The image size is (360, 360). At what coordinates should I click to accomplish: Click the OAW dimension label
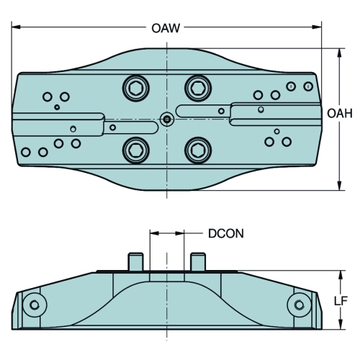tap(166, 28)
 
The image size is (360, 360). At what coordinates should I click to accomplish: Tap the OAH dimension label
tap(340, 113)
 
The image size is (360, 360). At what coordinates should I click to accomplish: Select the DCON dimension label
tap(226, 233)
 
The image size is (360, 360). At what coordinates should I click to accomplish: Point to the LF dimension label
tap(341, 301)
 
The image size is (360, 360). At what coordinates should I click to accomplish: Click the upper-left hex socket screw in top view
tap(136, 89)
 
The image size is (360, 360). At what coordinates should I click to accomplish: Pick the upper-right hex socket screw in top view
tap(198, 88)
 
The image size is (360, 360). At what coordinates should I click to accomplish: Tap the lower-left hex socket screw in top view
tap(136, 150)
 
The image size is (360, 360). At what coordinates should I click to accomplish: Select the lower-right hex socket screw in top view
tap(198, 150)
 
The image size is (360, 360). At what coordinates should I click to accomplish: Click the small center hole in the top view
tap(166, 119)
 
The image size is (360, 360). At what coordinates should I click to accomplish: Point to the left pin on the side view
tap(136, 261)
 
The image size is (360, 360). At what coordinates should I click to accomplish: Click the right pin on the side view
tap(198, 261)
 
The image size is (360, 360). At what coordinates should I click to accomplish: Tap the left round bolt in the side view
tap(35, 305)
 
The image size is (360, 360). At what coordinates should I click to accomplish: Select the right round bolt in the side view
tap(300, 305)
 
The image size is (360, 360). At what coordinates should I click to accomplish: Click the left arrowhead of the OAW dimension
tap(16, 27)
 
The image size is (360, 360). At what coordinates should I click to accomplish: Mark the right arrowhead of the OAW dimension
tap(317, 27)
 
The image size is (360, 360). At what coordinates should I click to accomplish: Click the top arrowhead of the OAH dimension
tap(339, 53)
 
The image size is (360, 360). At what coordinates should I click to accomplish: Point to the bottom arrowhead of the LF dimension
tap(341, 325)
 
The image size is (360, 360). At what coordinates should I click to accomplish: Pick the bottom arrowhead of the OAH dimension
tap(339, 186)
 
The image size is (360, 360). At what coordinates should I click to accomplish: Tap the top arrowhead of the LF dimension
tap(341, 275)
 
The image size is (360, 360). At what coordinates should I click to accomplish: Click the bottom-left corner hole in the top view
tap(26, 152)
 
